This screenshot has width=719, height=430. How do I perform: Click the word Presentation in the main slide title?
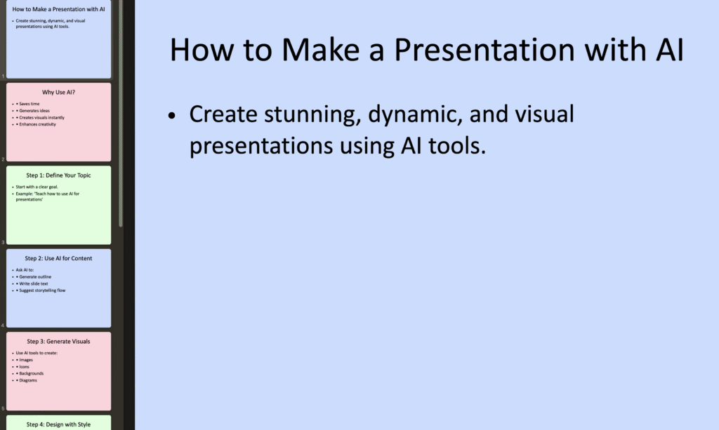pyautogui.click(x=484, y=50)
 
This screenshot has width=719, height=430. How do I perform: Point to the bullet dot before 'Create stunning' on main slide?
pyautogui.click(x=172, y=116)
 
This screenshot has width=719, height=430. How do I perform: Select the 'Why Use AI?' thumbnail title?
pyautogui.click(x=59, y=92)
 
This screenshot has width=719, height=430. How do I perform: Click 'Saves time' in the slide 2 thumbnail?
pyautogui.click(x=29, y=104)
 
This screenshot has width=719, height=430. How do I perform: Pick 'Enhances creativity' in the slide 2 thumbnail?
pyautogui.click(x=38, y=124)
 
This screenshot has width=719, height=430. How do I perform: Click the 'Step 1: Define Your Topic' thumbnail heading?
pyautogui.click(x=59, y=175)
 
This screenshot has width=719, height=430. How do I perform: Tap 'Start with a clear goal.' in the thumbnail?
pyautogui.click(x=37, y=187)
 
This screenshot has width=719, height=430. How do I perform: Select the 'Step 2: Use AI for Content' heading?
pyautogui.click(x=59, y=258)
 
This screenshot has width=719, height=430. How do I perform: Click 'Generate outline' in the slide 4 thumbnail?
pyautogui.click(x=35, y=276)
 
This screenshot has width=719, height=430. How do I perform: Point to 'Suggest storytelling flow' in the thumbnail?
pyautogui.click(x=42, y=290)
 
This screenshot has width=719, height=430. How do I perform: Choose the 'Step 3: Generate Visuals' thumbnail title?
pyautogui.click(x=59, y=342)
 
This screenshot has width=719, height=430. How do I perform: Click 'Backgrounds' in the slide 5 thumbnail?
pyautogui.click(x=31, y=373)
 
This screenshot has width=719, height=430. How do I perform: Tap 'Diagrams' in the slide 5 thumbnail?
pyautogui.click(x=28, y=380)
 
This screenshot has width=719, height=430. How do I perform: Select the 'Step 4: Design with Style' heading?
pyautogui.click(x=59, y=424)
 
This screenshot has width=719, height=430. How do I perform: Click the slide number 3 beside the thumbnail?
pyautogui.click(x=3, y=242)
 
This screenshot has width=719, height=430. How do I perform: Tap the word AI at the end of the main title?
pyautogui.click(x=670, y=50)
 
